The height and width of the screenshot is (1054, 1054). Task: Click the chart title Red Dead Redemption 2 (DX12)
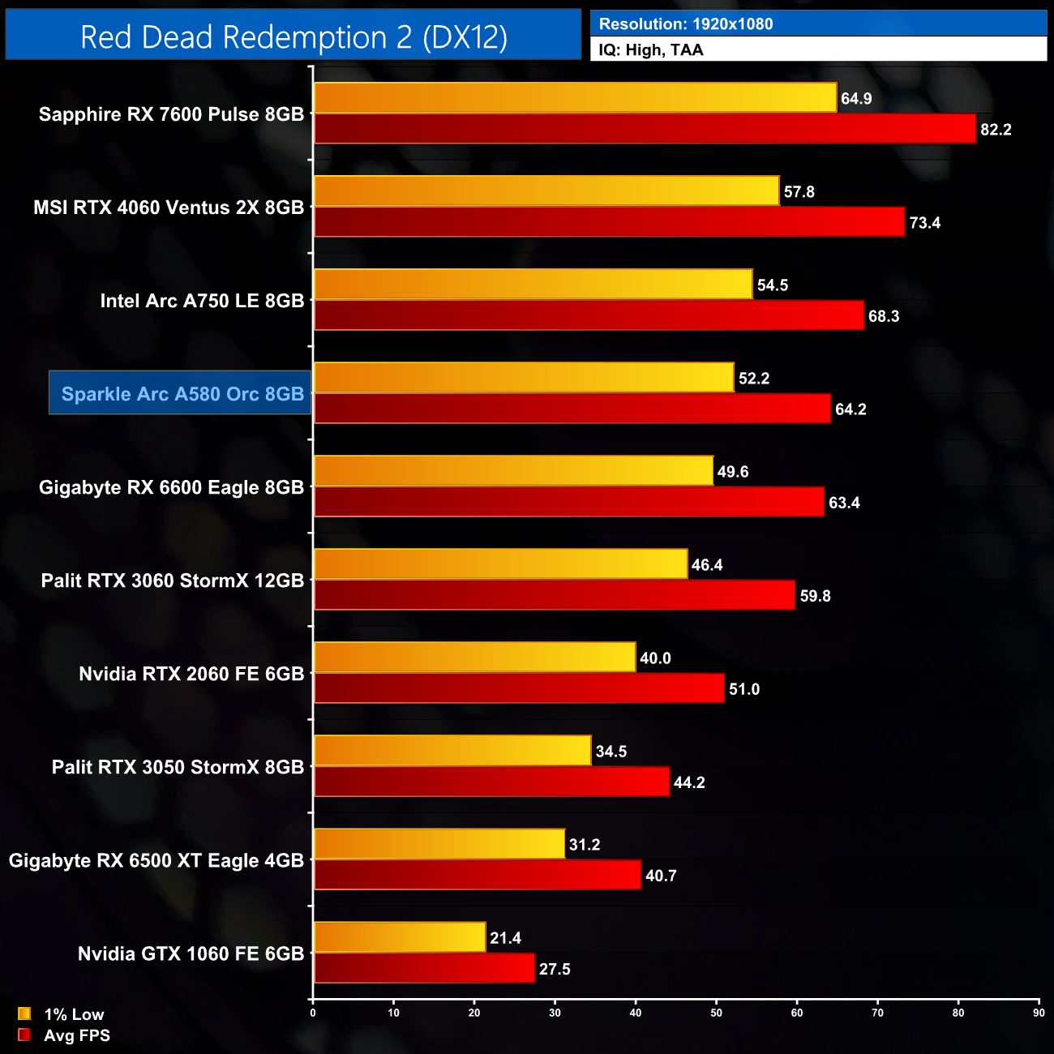pos(293,37)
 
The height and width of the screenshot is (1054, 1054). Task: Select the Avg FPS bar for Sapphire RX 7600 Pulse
pos(645,129)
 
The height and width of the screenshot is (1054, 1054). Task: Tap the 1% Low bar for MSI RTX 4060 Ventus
pos(546,191)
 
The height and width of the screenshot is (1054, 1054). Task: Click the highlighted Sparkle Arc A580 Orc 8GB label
pos(181,394)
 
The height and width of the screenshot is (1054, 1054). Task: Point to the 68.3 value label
pos(884,316)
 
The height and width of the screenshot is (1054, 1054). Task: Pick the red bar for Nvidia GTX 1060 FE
pos(424,969)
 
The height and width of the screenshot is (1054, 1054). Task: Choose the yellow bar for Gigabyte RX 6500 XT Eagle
pos(439,844)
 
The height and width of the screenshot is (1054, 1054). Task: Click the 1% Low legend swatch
pos(24,1013)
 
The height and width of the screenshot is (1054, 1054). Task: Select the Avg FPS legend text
pos(77,1035)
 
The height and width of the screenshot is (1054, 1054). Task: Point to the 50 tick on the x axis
pos(716,1013)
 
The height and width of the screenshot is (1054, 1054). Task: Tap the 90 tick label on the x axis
pos(1039,1013)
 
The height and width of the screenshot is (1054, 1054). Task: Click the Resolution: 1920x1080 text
pos(686,24)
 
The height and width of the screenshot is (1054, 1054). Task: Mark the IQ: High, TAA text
pos(651,50)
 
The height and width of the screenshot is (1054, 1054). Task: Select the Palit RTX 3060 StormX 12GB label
pos(173,581)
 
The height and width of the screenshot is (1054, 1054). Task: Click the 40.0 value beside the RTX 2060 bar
pos(655,658)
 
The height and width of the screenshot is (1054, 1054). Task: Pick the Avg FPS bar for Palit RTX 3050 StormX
pos(491,782)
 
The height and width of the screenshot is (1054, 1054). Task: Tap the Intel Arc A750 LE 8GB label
pos(202,301)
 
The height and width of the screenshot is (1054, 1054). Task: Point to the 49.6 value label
pos(733,472)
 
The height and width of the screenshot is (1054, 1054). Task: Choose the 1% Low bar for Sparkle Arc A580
pos(523,378)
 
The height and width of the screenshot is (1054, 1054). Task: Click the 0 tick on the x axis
pos(313,1013)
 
